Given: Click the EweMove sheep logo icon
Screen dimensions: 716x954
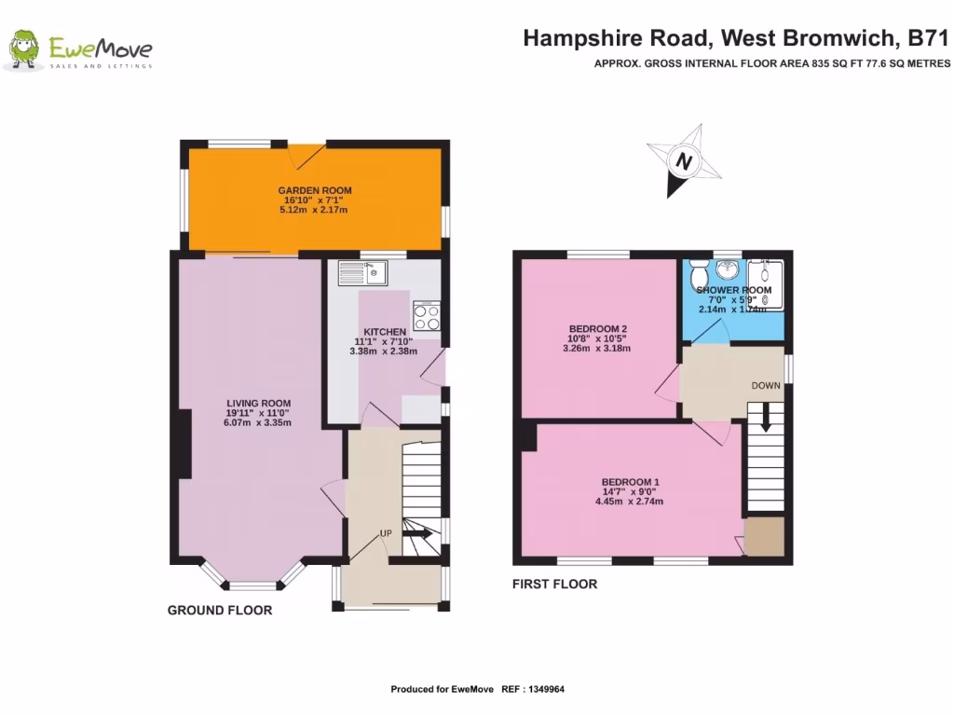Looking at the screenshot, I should coord(23,50).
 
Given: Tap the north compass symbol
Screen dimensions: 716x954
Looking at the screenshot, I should coord(685,161).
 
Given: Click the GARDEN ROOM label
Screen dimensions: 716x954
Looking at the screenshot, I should coord(313,190).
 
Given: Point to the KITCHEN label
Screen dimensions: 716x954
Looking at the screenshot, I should coord(384,332).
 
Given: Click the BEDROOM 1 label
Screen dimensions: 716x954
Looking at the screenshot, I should coord(631,482).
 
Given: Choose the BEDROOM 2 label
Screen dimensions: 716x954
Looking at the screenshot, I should coord(597,328).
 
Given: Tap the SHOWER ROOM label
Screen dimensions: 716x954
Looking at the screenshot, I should coord(734,291).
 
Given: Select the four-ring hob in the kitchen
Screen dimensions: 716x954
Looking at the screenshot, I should coord(427,316).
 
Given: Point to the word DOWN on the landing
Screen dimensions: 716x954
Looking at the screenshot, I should coord(766,385).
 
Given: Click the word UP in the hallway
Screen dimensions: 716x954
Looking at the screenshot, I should coord(385,532).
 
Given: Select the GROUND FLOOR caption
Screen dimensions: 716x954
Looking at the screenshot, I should coord(220,611).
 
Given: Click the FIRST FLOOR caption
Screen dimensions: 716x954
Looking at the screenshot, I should coord(554,585).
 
